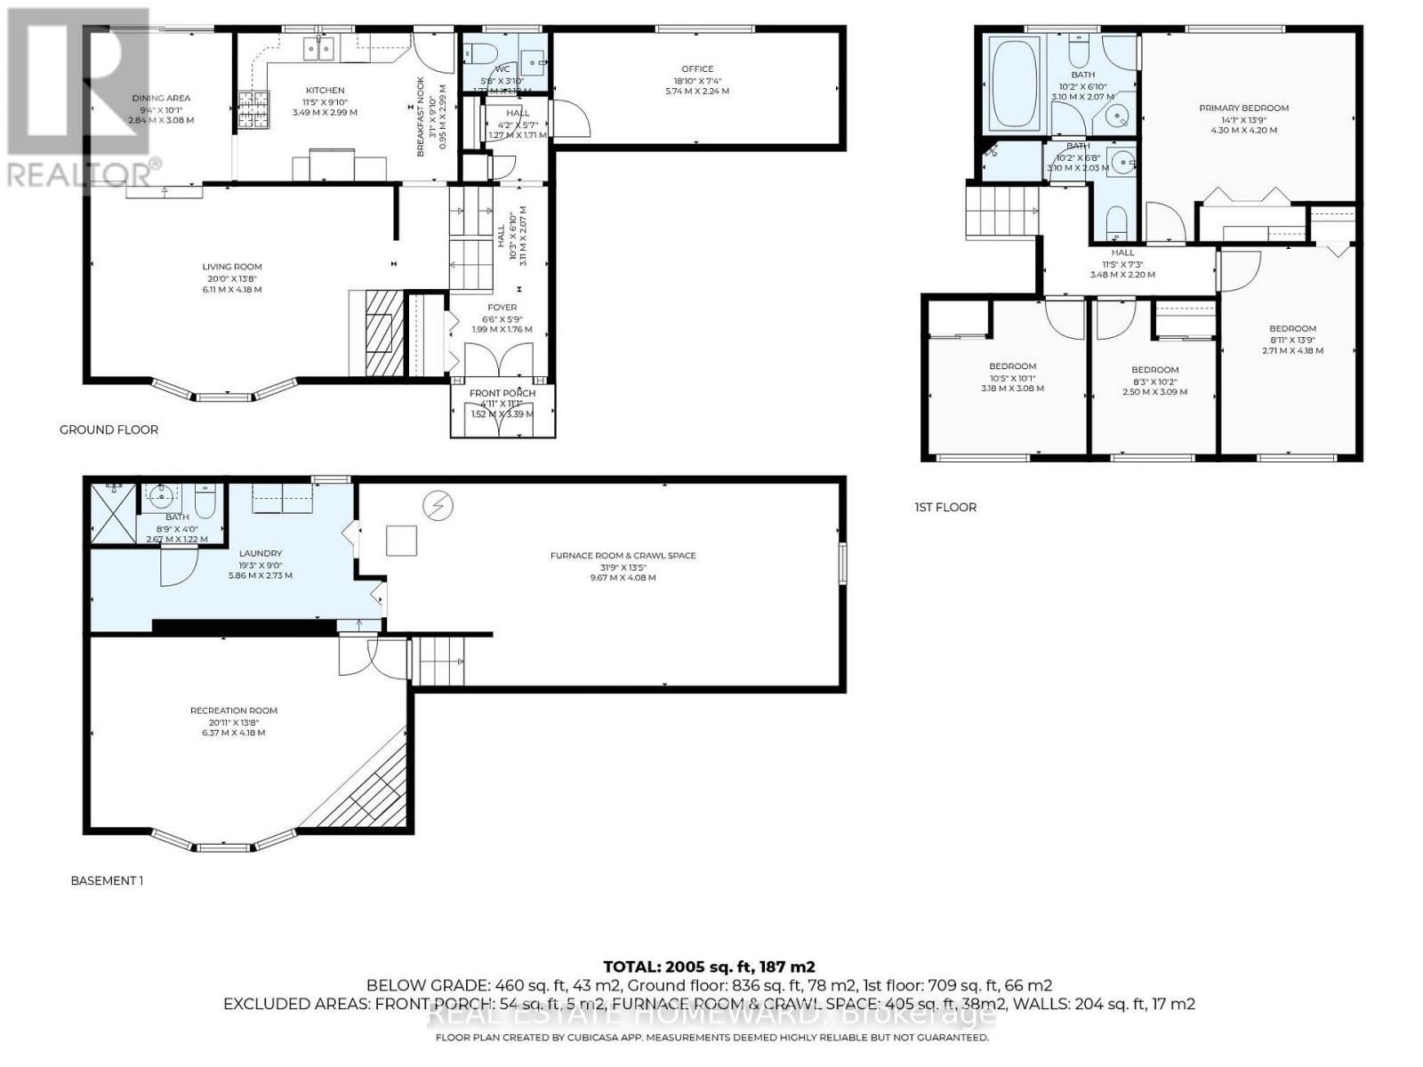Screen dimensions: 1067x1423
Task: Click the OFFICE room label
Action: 697,69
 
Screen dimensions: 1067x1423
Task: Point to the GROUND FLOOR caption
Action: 109,429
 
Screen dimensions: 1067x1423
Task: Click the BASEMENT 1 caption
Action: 107,880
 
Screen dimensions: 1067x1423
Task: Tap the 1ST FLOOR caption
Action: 945,507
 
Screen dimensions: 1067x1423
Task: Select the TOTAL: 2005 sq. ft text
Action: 709,967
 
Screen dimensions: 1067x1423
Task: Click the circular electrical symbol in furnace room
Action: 438,506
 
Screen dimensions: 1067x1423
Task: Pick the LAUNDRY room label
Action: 260,553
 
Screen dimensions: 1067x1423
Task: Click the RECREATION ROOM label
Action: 233,710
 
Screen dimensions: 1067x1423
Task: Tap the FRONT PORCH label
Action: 502,393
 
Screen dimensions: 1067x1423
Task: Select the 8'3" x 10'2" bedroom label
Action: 1154,370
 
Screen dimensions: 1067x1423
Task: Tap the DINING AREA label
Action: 161,99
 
